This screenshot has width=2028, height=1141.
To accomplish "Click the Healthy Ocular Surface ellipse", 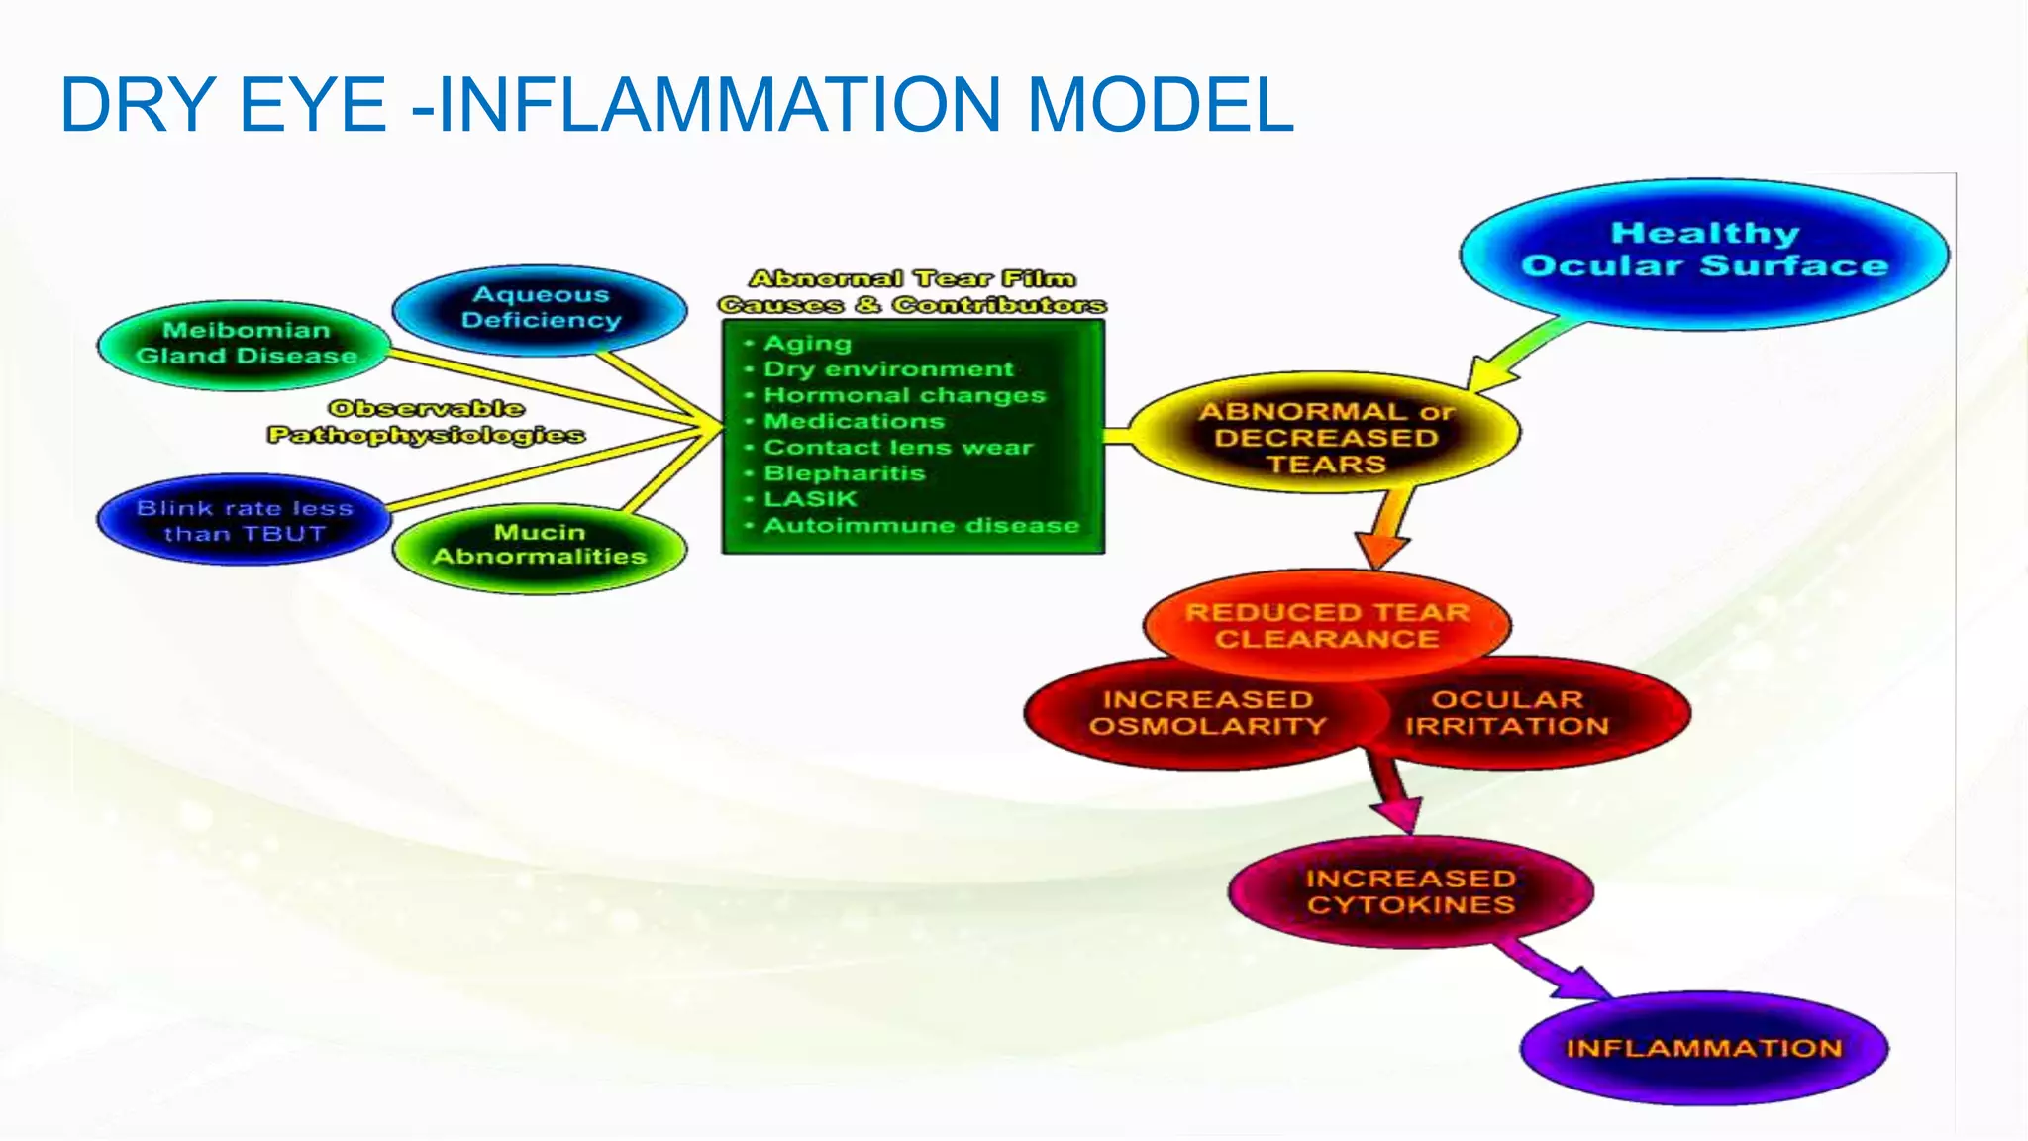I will point(1703,252).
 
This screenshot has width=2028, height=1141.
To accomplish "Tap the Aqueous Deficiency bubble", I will point(540,308).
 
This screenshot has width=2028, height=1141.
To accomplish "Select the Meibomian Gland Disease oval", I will point(245,344).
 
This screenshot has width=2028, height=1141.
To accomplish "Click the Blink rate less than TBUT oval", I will point(244,521).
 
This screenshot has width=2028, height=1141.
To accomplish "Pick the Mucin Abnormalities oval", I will point(539,546).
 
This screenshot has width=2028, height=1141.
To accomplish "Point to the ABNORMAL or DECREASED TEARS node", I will point(1324,437).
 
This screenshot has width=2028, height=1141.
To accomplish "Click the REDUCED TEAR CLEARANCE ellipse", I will point(1327,625).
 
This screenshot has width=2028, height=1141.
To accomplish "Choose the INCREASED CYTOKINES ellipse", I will point(1410,891).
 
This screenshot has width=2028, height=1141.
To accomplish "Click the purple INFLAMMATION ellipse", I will point(1703,1048).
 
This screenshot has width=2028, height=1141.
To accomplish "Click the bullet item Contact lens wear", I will point(897,448).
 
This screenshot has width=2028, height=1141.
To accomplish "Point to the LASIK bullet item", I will point(809,499).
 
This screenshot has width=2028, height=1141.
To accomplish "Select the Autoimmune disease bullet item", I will point(920,525).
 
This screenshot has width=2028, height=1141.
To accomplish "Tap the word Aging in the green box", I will point(807,344).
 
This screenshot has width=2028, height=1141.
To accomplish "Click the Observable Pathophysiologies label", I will point(426,422).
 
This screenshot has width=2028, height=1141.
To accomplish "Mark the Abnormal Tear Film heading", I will point(912,279).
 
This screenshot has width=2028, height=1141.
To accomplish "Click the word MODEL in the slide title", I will point(1160,105).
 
